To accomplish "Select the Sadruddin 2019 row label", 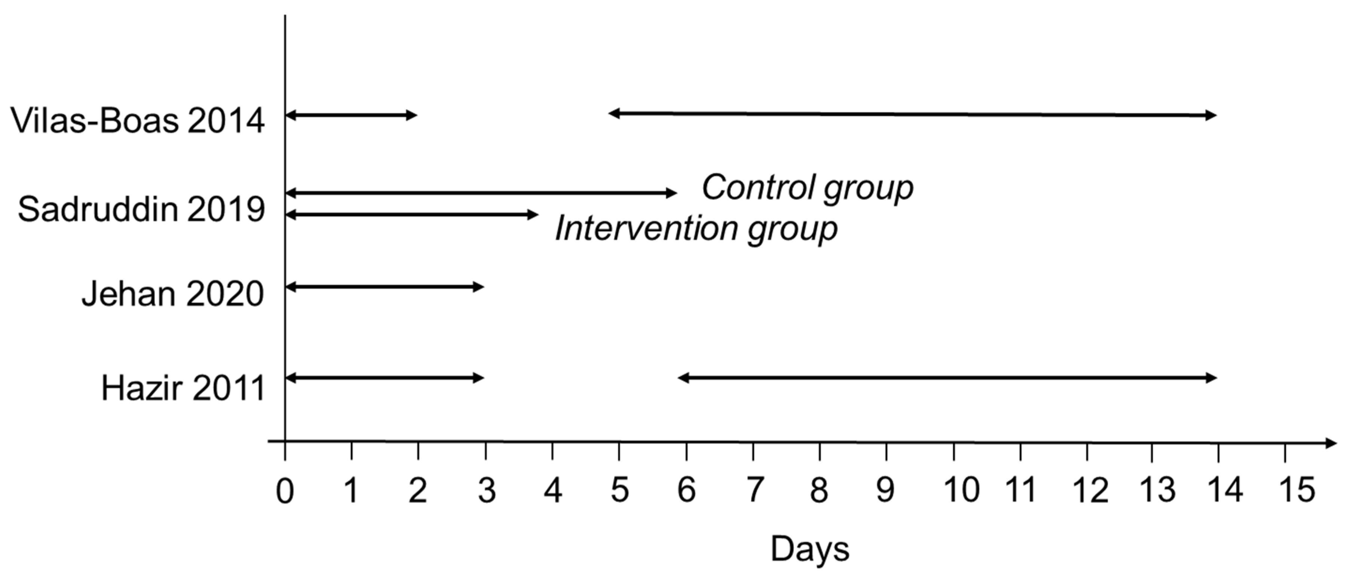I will (141, 210).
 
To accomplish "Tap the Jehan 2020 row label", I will (172, 294).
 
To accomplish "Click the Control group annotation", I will (807, 188).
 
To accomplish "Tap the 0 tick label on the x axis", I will (285, 491).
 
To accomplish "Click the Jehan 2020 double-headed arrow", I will (385, 286).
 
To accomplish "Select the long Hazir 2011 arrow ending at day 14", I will (948, 378).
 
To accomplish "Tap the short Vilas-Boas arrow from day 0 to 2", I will (351, 115).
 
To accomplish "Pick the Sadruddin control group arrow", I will (481, 193).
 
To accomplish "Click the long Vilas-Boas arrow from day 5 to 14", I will (912, 114).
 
